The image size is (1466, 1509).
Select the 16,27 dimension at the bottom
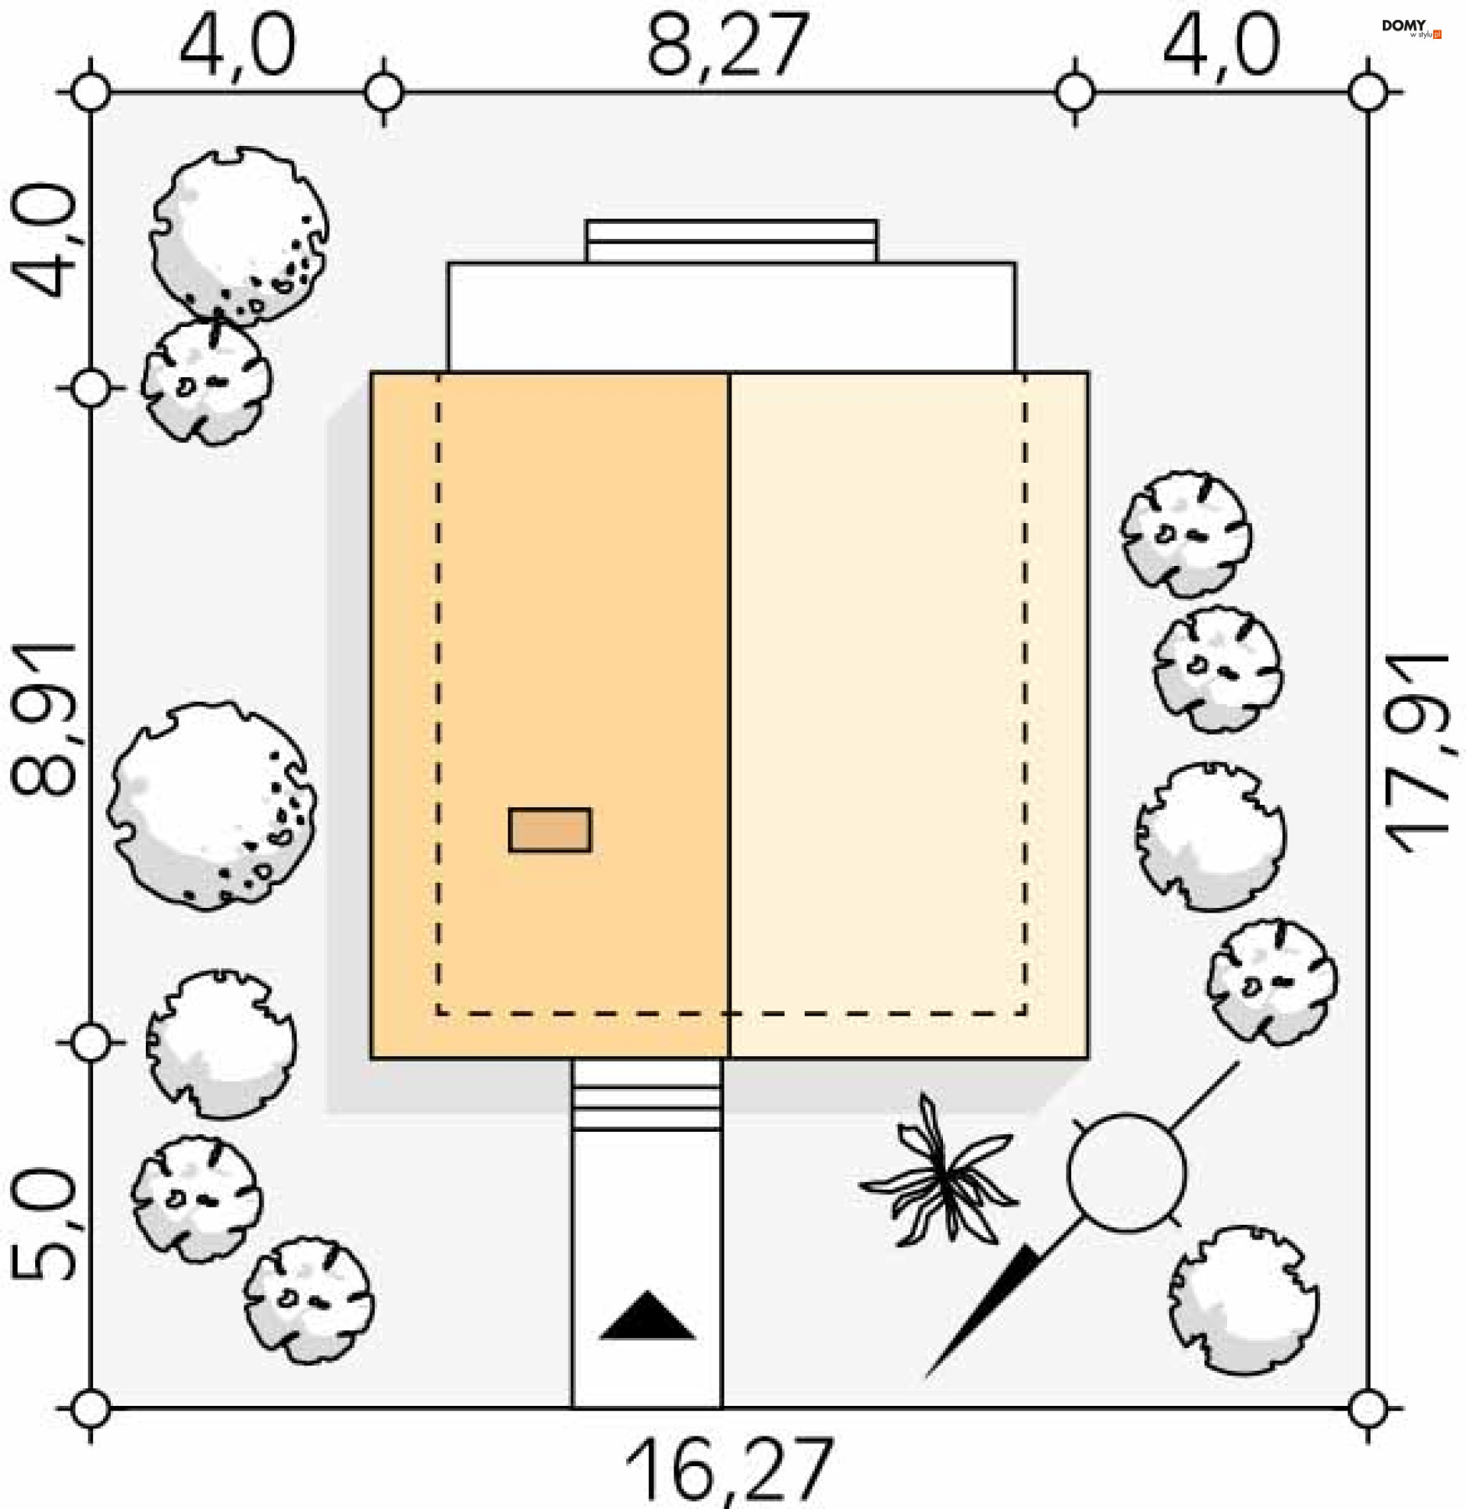coord(728,1471)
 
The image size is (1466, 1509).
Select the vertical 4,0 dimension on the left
coord(44,241)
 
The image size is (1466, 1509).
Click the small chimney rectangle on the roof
coord(550,830)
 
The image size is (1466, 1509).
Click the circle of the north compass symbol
coord(1126,1172)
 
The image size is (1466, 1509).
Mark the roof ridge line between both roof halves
coord(728,716)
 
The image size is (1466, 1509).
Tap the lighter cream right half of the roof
coord(909,716)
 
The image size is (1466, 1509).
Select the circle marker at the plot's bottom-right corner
coord(1368,1408)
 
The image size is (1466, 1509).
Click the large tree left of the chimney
coord(212,805)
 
